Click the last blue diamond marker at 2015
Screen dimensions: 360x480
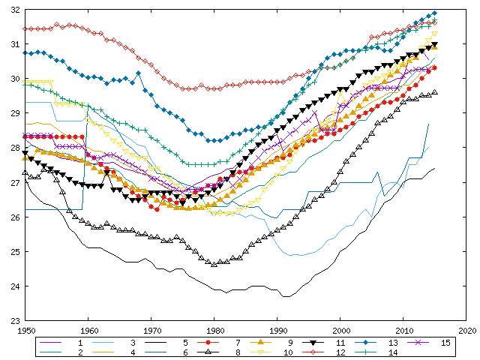click(434, 13)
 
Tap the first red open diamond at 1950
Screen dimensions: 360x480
click(26, 28)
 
